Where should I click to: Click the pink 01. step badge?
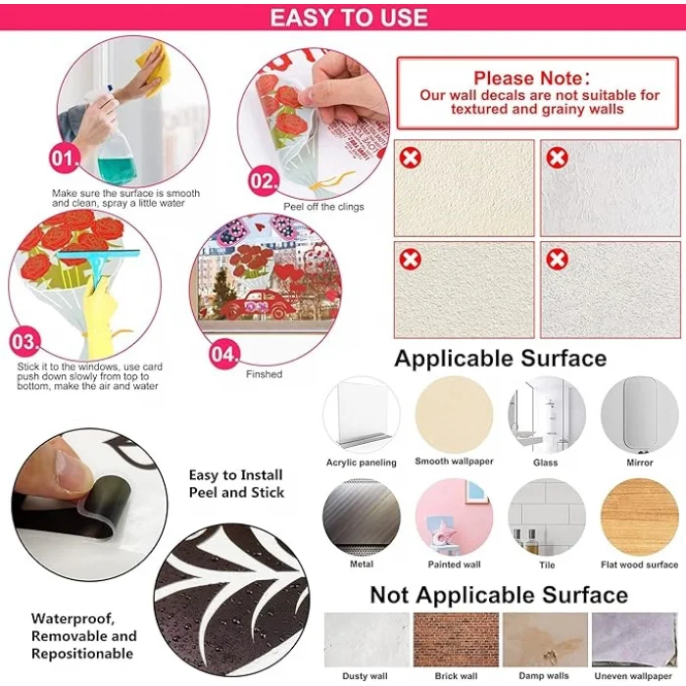pyautogui.click(x=65, y=158)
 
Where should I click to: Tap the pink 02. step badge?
pyautogui.click(x=264, y=180)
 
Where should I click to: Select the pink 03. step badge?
pyautogui.click(x=24, y=341)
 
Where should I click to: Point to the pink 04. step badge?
pyautogui.click(x=224, y=354)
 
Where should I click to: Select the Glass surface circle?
pyautogui.click(x=547, y=415)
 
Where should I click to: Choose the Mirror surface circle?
pyautogui.click(x=639, y=415)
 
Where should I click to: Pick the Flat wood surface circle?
pyautogui.click(x=639, y=516)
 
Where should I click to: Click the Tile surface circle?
pyautogui.click(x=547, y=516)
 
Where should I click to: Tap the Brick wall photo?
pyautogui.click(x=456, y=639)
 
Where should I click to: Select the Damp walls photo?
pyautogui.click(x=545, y=639)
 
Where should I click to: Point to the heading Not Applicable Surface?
pyautogui.click(x=499, y=595)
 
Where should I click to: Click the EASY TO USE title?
pyautogui.click(x=349, y=18)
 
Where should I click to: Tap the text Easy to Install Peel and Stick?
pyautogui.click(x=236, y=483)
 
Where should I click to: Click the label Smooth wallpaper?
pyautogui.click(x=454, y=462)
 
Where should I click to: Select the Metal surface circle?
pyautogui.click(x=362, y=516)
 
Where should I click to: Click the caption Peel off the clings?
pyautogui.click(x=323, y=207)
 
